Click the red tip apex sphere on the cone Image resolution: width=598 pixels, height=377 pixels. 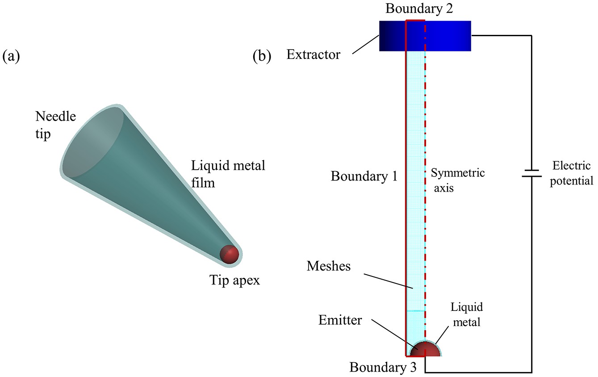(x=230, y=254)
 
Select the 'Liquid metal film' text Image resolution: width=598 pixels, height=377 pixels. (x=228, y=174)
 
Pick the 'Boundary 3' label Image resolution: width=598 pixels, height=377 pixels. (x=383, y=368)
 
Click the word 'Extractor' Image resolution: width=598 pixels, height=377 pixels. (x=313, y=55)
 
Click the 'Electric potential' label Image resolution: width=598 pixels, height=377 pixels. (x=571, y=173)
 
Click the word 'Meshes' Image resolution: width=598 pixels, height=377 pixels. (x=328, y=266)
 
